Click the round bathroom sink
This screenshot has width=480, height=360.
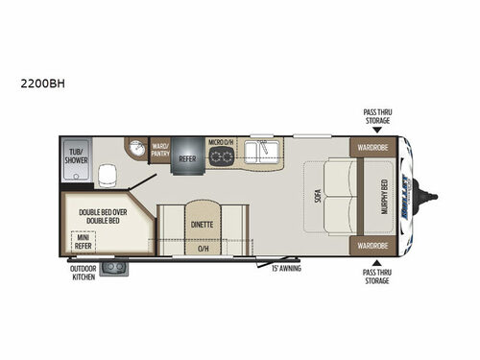coord(136,149)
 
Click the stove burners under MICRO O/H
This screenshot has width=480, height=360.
coord(223,159)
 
